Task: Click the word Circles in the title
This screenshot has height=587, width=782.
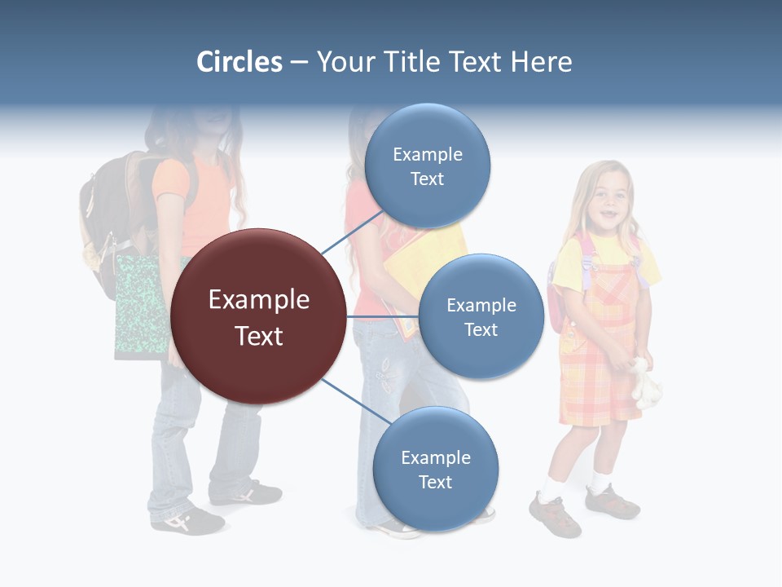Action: coord(239,62)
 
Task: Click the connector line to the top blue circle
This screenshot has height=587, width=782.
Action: coord(352,232)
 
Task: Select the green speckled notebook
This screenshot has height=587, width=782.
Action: coord(140,306)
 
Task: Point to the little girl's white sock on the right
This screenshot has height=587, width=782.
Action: coord(601,482)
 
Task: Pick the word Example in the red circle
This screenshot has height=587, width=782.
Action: coord(258,300)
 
